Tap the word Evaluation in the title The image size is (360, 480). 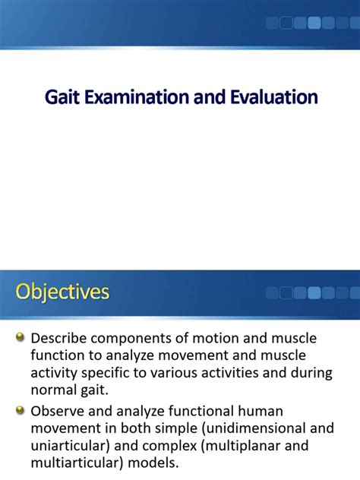coord(273,97)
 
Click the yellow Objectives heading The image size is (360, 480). coord(62,292)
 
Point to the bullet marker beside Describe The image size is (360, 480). coord(20,338)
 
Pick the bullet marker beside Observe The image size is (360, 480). coord(20,410)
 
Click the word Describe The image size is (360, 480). coord(58,338)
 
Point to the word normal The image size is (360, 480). coord(54,390)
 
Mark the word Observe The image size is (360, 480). coord(58,411)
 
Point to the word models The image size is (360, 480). coord(153,463)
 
